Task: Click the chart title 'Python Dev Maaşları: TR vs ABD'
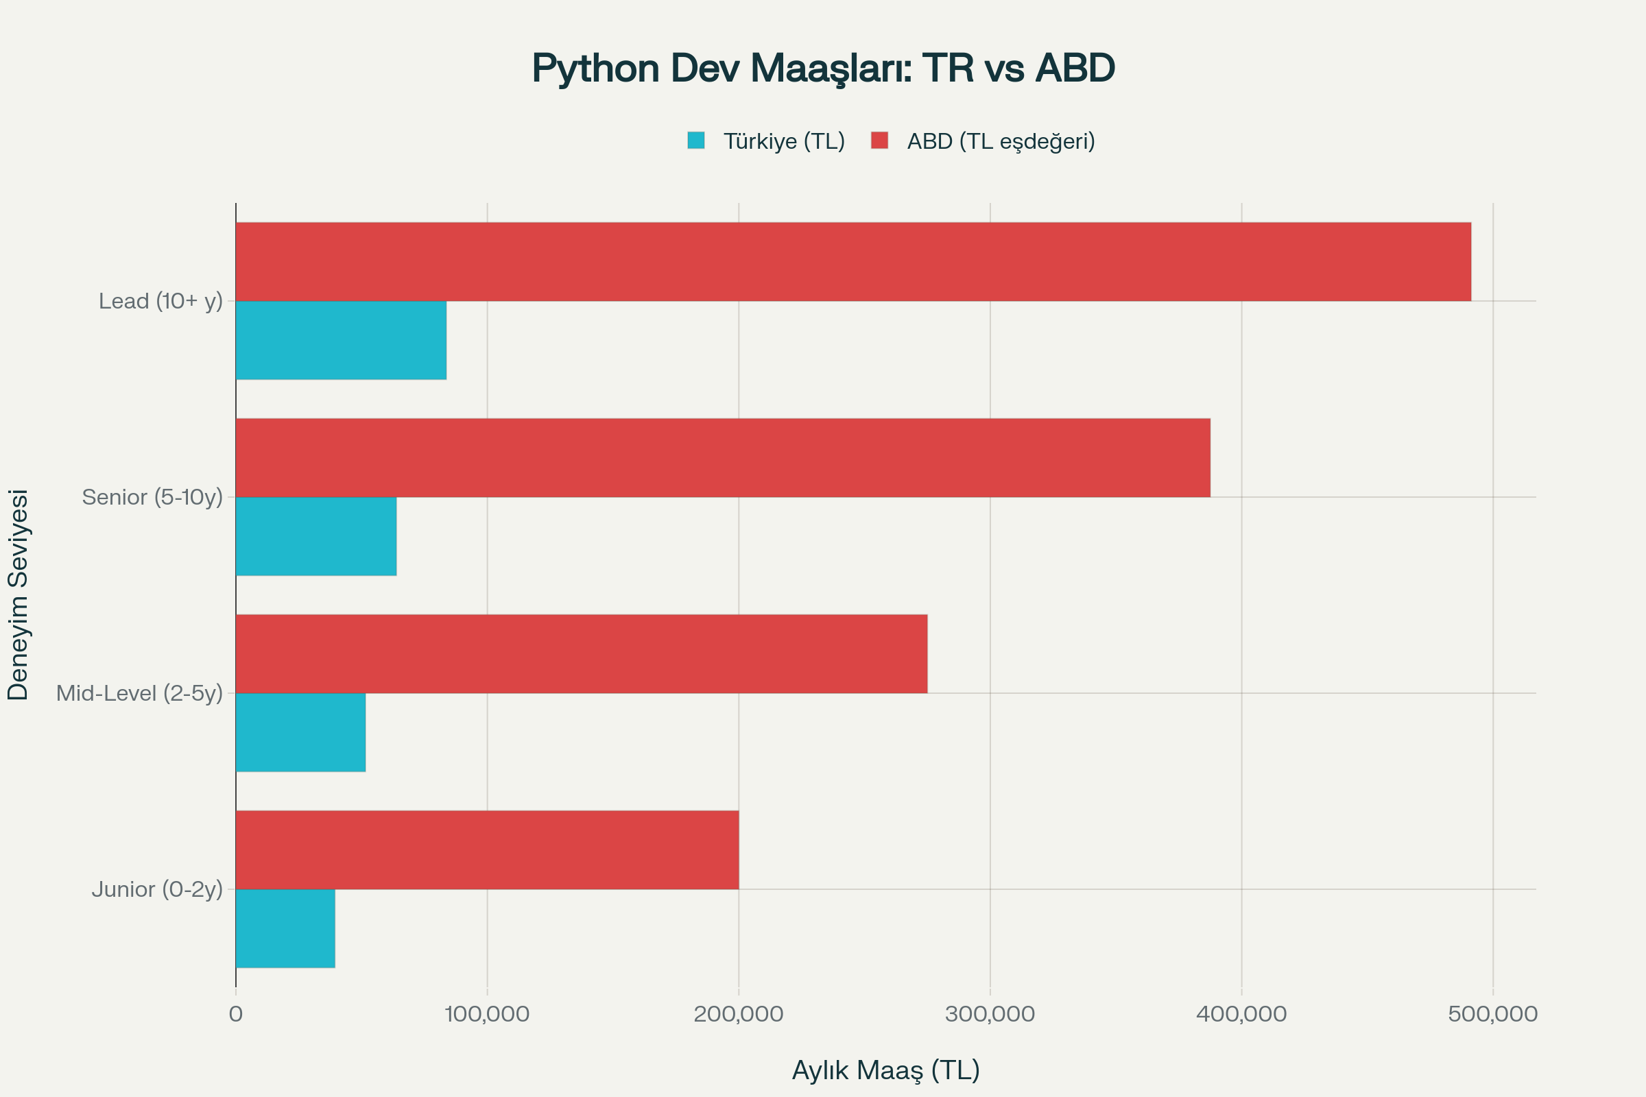click(x=823, y=69)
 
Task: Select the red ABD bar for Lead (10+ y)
click(x=853, y=262)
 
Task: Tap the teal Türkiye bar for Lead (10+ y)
click(x=341, y=340)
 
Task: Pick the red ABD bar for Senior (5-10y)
click(x=723, y=457)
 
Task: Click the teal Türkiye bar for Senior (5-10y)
click(x=315, y=536)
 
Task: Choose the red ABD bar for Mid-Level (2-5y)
click(x=582, y=653)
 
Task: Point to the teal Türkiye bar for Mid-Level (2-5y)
click(x=300, y=732)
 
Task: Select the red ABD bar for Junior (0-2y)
click(x=487, y=849)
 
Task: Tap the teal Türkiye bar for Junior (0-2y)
click(x=285, y=928)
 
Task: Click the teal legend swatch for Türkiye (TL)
click(x=695, y=141)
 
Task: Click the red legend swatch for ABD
click(x=880, y=141)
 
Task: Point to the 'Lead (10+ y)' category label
click(x=160, y=302)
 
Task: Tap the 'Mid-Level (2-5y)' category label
click(x=139, y=693)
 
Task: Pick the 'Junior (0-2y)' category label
click(x=157, y=889)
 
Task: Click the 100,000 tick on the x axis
click(x=487, y=1014)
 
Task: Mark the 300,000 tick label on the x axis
click(x=990, y=1014)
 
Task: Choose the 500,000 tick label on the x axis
click(x=1492, y=1014)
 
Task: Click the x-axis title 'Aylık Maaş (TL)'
click(x=885, y=1070)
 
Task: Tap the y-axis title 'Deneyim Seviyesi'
click(x=19, y=594)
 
